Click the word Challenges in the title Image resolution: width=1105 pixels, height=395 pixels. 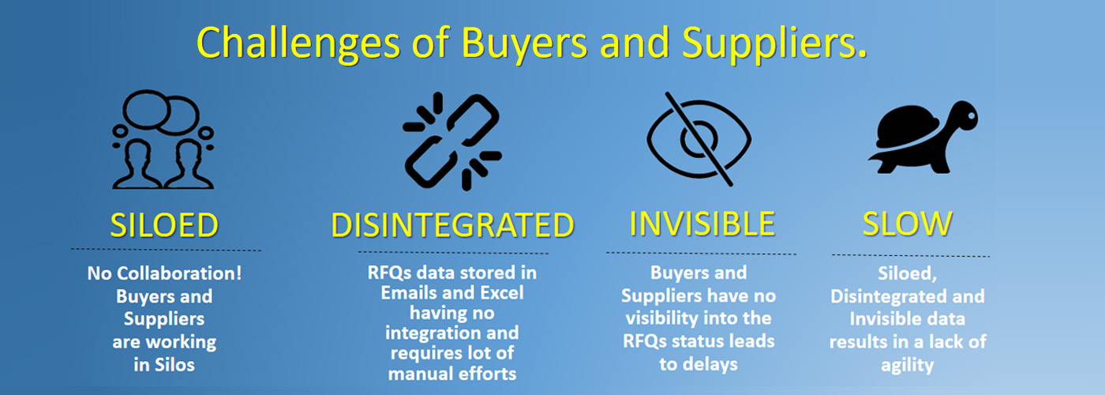[298, 44]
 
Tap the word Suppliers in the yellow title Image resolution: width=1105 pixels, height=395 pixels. [774, 44]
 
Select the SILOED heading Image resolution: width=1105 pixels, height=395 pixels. [164, 225]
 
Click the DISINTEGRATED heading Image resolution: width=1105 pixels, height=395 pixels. [452, 225]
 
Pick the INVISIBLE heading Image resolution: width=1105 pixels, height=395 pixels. [702, 224]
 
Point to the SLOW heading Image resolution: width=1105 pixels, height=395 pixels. [908, 224]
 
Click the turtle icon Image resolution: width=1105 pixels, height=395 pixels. [923, 137]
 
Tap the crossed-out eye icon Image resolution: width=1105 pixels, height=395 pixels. [699, 139]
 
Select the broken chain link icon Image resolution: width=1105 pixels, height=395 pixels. [451, 141]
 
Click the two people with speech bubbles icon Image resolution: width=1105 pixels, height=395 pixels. [163, 139]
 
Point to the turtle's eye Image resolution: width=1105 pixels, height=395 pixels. [971, 116]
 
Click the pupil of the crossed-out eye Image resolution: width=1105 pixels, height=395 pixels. [699, 139]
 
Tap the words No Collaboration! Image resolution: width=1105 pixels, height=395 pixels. [164, 273]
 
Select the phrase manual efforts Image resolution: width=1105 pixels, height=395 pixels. [451, 374]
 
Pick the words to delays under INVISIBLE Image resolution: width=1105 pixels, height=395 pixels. [699, 364]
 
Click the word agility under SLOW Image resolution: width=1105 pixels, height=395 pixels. [907, 366]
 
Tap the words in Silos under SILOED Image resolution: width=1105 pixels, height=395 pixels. [164, 365]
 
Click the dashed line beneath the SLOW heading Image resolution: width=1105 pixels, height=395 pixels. [911, 256]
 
